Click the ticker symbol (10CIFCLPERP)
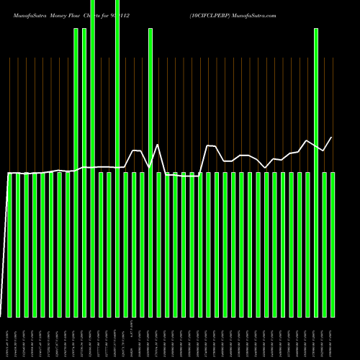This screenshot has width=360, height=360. pos(211,14)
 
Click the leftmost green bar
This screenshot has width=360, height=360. pos(9,245)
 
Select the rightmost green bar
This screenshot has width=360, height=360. pos(333,245)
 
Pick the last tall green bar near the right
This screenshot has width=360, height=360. pos(316,173)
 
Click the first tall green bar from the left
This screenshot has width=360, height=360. pos(76,173)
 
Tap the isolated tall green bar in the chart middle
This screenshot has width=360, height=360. pos(150,173)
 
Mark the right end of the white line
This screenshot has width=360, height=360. pos(332,138)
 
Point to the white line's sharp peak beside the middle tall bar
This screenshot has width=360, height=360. pos(158,145)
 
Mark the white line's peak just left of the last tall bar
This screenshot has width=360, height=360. pos(307,140)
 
